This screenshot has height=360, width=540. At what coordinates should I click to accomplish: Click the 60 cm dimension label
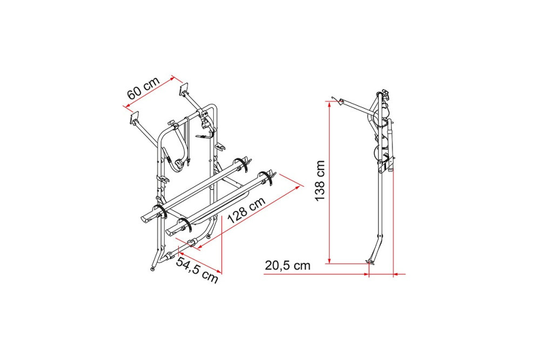tap(144, 87)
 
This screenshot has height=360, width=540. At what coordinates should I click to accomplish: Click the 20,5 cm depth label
tap(288, 266)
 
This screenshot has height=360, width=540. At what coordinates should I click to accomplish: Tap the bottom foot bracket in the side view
tap(371, 262)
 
